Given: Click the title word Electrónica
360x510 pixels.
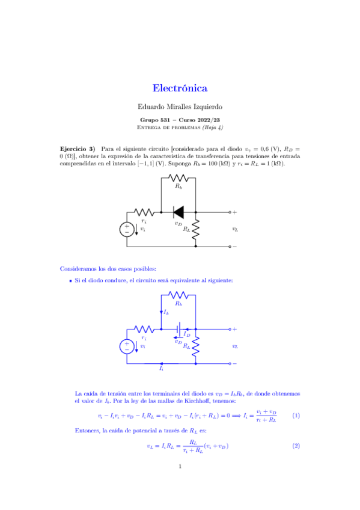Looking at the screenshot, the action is (180, 88).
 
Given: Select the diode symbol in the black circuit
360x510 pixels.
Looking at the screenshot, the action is (178, 212).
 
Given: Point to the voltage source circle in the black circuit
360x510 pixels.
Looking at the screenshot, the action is (127, 229).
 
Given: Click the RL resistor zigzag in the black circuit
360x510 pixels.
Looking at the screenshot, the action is (195, 229).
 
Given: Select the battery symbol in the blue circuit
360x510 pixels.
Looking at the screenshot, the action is (179, 329).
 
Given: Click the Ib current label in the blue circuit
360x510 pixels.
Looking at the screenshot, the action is (166, 313).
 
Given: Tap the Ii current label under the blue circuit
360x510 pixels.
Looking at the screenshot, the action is (161, 369).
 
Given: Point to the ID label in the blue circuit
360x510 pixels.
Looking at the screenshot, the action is (187, 334).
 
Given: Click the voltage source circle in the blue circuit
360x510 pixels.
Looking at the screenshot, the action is (127, 346).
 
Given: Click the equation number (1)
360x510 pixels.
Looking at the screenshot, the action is (296, 416).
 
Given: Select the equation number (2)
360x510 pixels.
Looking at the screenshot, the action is (296, 446).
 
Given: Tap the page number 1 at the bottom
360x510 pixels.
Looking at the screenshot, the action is (180, 481).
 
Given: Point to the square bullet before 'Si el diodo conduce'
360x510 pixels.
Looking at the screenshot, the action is (70, 281).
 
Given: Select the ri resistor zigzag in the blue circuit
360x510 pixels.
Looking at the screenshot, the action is (144, 329).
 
